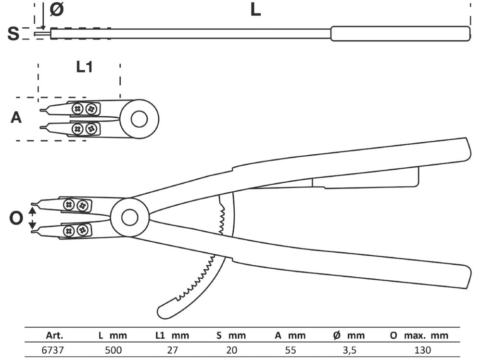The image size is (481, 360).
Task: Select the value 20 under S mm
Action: [x=231, y=349]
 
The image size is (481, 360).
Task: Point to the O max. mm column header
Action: [x=418, y=335]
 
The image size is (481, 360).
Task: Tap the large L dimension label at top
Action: [x=255, y=10]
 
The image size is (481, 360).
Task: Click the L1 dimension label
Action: [x=84, y=67]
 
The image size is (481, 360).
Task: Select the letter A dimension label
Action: [x=16, y=117]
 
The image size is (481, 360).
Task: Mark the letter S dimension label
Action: [x=14, y=34]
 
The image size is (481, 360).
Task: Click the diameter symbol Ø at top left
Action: [x=56, y=10]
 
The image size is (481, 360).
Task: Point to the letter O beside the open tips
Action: [x=16, y=219]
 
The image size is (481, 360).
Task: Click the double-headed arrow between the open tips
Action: [x=33, y=219]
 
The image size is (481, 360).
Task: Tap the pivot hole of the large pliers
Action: [x=129, y=218]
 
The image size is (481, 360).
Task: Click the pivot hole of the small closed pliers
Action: [x=139, y=119]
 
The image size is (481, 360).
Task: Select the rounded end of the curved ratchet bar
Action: [x=164, y=310]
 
